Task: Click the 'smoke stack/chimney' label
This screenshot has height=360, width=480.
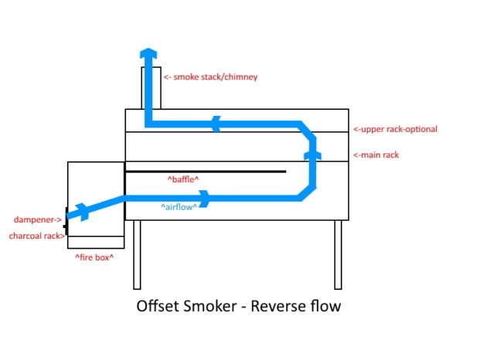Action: [x=210, y=77]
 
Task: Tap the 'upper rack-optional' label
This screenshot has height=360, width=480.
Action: [x=395, y=129]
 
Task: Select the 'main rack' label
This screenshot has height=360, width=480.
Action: [x=376, y=155]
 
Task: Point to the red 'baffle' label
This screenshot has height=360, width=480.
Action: [x=183, y=179]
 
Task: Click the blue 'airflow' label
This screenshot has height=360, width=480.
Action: [x=179, y=206]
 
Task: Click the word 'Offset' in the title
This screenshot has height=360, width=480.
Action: [x=158, y=306]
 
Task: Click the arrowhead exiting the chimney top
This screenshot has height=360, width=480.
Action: [x=148, y=53]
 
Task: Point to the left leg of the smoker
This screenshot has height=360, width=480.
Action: [x=137, y=254]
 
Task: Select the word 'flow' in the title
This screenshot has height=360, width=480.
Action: [x=324, y=306]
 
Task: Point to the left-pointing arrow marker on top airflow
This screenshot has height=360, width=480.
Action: [x=216, y=123]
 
